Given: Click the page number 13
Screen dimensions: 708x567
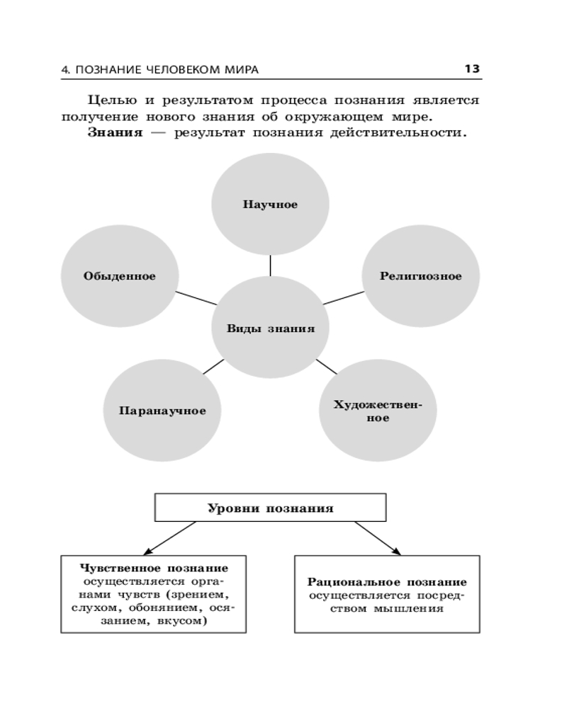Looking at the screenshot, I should (x=472, y=69).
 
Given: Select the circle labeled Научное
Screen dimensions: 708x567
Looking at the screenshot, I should (x=270, y=205).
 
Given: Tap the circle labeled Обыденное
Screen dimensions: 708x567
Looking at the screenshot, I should (x=119, y=276).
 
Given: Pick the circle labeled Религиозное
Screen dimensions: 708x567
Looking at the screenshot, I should (x=420, y=276).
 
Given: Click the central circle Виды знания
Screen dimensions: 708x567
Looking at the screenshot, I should (x=270, y=329).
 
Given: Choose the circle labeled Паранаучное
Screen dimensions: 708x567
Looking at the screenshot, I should (x=162, y=411).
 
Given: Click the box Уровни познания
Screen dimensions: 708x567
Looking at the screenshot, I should (x=270, y=508).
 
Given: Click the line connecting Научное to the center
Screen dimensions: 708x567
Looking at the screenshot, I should (x=270, y=265).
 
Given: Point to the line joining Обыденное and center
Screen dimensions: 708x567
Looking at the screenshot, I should (x=196, y=297).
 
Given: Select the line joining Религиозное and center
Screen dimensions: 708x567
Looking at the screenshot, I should (x=343, y=297).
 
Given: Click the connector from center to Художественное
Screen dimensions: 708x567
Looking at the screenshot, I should (x=326, y=366).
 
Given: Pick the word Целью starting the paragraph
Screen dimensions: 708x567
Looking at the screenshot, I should (x=110, y=100).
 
